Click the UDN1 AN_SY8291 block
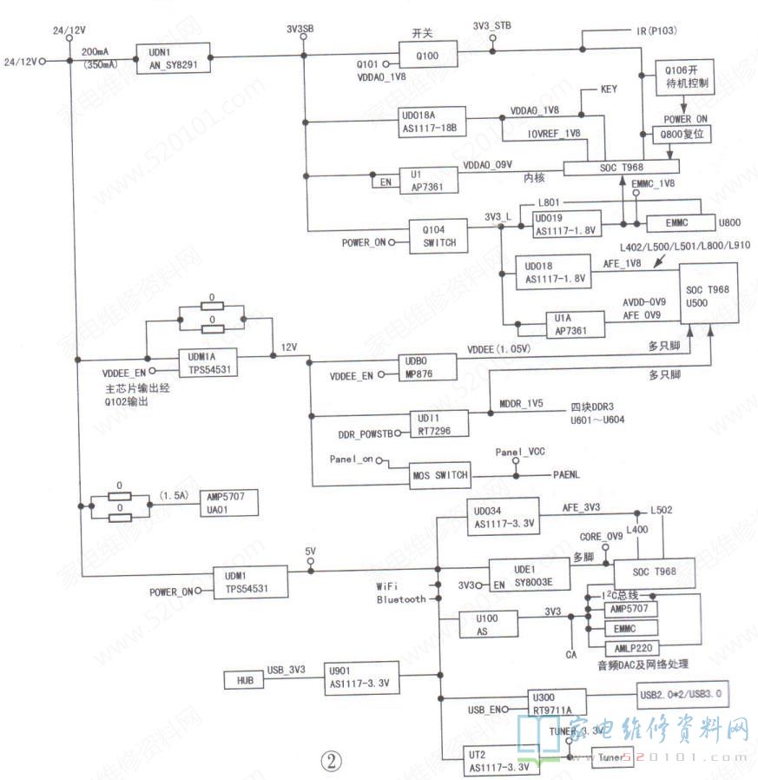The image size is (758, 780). point(173,57)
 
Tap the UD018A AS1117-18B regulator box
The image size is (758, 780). point(432,122)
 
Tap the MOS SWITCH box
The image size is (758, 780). point(440,474)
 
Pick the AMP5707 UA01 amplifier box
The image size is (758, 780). point(228,503)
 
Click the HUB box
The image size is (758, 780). point(243,679)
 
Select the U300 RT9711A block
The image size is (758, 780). point(564,702)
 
